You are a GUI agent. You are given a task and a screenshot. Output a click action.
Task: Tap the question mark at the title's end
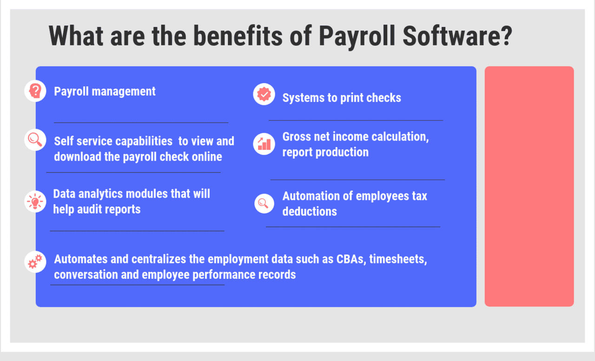(x=503, y=36)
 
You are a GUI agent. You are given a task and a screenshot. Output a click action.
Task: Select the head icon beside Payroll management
(x=35, y=91)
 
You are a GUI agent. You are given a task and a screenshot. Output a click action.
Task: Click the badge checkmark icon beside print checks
(x=264, y=94)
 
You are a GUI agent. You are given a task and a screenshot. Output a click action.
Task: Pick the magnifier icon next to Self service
(x=35, y=139)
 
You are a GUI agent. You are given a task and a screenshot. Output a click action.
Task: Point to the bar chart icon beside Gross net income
(x=264, y=143)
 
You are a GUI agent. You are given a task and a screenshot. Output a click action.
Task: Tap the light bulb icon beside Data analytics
(x=35, y=201)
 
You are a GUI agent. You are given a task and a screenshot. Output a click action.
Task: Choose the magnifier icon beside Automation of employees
(x=264, y=203)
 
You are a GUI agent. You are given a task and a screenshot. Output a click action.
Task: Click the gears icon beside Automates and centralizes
(x=35, y=261)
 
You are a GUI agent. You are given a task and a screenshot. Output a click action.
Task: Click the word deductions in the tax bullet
(x=310, y=212)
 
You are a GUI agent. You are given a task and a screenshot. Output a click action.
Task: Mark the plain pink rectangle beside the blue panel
(x=529, y=186)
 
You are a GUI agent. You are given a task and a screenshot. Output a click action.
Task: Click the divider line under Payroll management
(x=141, y=122)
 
